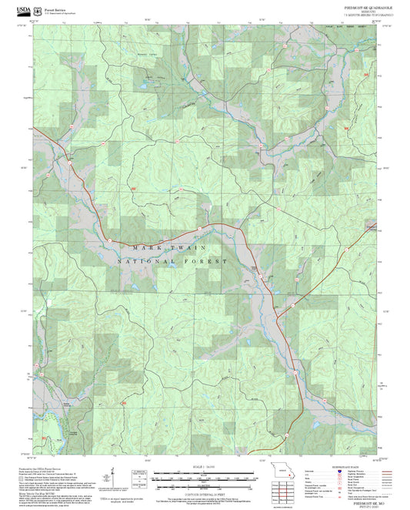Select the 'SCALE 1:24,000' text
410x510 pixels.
[x=204, y=467]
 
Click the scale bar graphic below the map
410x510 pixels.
[x=204, y=477]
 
